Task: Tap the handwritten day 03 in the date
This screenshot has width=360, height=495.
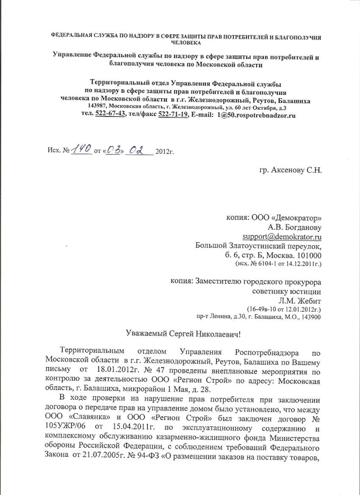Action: pyautogui.click(x=113, y=151)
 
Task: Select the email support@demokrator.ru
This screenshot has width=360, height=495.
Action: pyautogui.click(x=282, y=236)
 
